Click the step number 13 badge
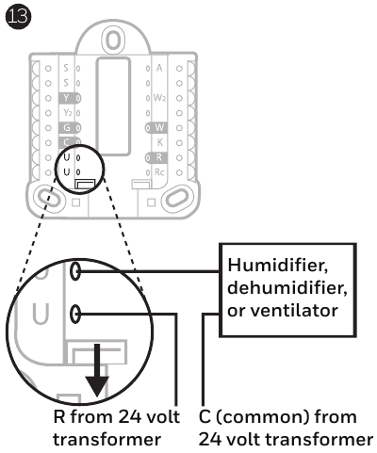tap(15, 14)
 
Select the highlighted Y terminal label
tap(65, 97)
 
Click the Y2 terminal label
tap(65, 112)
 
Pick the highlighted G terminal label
tap(65, 126)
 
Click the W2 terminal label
tap(159, 97)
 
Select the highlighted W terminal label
tap(158, 126)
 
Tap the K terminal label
tap(158, 141)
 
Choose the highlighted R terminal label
tap(158, 156)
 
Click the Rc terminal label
tap(158, 171)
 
